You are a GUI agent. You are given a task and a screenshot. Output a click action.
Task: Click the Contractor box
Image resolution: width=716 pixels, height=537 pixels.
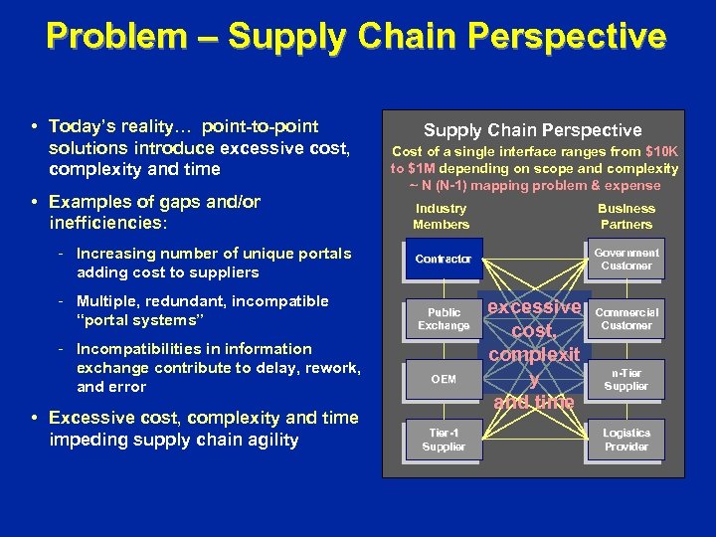click(444, 260)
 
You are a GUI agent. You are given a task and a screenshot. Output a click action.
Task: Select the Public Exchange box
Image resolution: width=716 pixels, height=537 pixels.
click(444, 319)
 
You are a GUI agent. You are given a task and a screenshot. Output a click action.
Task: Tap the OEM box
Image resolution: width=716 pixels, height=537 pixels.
click(444, 379)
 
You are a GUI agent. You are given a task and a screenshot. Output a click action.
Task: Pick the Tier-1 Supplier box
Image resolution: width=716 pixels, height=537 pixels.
click(444, 440)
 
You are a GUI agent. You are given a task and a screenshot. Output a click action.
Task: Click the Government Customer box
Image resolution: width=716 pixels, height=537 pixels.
click(626, 260)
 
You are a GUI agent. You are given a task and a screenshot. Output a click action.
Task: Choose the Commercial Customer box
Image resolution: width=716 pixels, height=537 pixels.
click(626, 319)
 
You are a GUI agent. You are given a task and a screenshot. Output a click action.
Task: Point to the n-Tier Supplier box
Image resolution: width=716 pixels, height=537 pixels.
click(626, 379)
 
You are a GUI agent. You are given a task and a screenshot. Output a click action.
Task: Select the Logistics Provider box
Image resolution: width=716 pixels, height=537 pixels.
click(626, 440)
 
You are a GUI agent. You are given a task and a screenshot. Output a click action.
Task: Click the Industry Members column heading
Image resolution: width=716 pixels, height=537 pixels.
click(441, 216)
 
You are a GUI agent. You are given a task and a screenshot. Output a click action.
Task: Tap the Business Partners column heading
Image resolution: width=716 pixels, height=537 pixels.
click(626, 216)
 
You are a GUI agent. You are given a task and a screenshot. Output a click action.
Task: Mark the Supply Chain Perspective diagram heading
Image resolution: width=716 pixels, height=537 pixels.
click(533, 130)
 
